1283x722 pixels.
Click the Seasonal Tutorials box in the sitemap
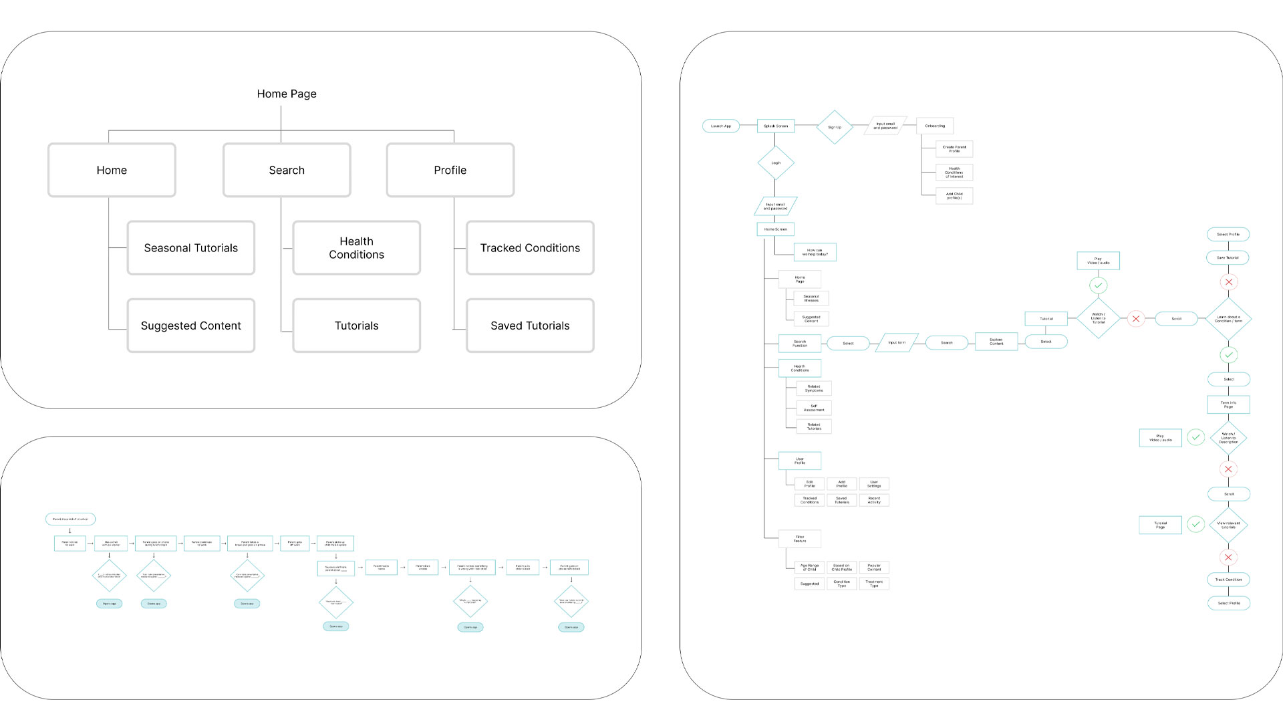pyautogui.click(x=191, y=248)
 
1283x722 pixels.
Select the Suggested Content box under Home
pyautogui.click(x=191, y=326)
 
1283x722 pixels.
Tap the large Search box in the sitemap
pyautogui.click(x=287, y=170)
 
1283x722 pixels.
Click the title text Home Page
pyautogui.click(x=287, y=94)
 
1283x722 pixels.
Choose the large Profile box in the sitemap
pyautogui.click(x=450, y=170)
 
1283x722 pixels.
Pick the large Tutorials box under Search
pyautogui.click(x=356, y=326)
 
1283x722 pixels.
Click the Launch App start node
pyautogui.click(x=721, y=126)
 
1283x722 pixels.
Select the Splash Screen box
pyautogui.click(x=776, y=126)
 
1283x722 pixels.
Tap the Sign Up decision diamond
pyautogui.click(x=835, y=127)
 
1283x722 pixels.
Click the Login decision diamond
pyautogui.click(x=776, y=163)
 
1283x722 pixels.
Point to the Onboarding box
pyautogui.click(x=935, y=126)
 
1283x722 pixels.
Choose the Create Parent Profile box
pyautogui.click(x=954, y=149)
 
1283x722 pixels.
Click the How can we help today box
pyautogui.click(x=815, y=253)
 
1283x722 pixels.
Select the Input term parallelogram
pyautogui.click(x=897, y=343)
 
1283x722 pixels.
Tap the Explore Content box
pyautogui.click(x=996, y=342)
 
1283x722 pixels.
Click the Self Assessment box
pyautogui.click(x=814, y=408)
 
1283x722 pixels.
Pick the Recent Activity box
pyautogui.click(x=874, y=500)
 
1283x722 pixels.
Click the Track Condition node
pyautogui.click(x=1228, y=580)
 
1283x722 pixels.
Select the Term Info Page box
pyautogui.click(x=1228, y=404)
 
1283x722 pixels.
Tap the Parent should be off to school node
pyautogui.click(x=70, y=519)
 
